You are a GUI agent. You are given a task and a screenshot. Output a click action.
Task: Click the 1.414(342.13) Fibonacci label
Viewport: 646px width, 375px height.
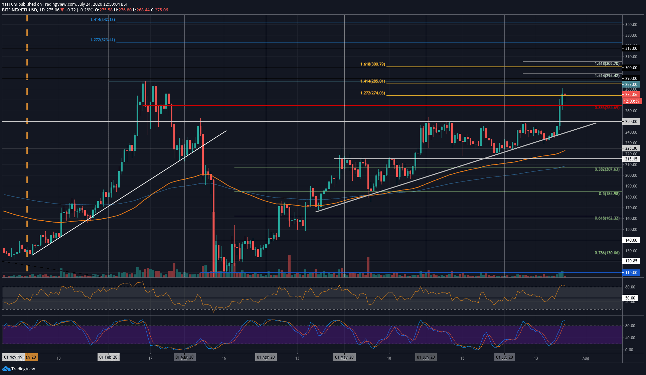[x=103, y=20]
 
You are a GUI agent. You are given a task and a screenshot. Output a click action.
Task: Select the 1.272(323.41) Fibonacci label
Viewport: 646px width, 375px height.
[x=103, y=40]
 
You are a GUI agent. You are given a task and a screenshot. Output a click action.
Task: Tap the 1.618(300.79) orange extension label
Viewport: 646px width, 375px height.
[x=373, y=64]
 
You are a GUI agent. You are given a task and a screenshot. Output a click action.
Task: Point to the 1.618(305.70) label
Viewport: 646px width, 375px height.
[x=607, y=64]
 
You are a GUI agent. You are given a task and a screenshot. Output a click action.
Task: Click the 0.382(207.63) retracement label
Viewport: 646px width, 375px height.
[x=607, y=169]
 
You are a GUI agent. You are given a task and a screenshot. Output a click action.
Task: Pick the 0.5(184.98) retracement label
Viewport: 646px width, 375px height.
[x=609, y=194]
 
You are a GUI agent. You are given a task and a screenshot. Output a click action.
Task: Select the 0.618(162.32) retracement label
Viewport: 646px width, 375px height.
[x=607, y=218]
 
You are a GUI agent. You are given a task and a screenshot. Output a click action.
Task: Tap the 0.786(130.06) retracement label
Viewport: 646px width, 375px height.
[x=607, y=253]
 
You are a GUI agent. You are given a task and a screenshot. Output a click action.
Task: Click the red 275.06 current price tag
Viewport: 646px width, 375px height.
[x=631, y=95]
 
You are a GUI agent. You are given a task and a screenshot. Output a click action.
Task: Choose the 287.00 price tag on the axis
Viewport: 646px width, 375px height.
[x=631, y=85]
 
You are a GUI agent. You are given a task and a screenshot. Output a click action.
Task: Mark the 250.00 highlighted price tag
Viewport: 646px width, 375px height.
[x=631, y=122]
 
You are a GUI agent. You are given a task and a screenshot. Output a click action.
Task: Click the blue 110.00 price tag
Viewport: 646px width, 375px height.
[x=631, y=273]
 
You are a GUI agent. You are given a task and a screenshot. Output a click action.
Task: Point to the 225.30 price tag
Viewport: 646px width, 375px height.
[x=631, y=148]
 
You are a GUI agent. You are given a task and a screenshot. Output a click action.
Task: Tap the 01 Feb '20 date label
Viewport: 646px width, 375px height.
[x=109, y=357]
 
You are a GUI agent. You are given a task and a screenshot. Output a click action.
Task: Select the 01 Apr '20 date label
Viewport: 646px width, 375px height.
[x=266, y=357]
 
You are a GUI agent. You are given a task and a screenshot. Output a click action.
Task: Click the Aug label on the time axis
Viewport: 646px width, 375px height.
[x=586, y=358]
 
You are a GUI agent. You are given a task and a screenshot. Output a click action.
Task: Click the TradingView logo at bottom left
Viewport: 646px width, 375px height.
[x=19, y=369]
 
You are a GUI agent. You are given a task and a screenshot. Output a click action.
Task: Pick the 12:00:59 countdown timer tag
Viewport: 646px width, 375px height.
[x=631, y=101]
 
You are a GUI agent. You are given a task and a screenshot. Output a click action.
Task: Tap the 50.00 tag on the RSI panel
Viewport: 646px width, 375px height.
[x=630, y=298]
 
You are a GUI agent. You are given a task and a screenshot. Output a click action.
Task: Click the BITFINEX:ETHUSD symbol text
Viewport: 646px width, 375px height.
[x=19, y=10]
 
